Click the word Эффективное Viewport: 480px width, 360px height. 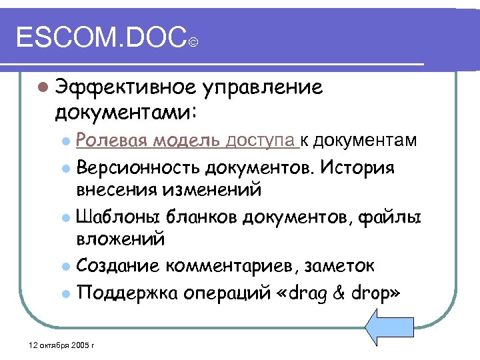127,87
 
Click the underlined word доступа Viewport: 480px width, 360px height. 261,141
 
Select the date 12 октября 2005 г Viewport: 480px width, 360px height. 59,345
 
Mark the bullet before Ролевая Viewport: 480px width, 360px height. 64,141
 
